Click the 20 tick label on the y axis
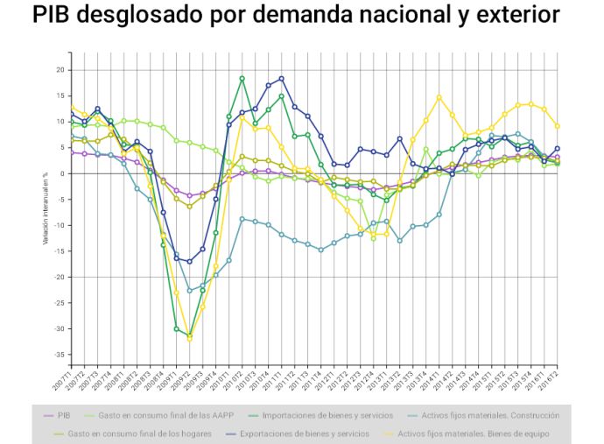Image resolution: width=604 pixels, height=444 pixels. point(60,69)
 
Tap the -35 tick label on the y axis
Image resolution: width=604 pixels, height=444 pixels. point(59,355)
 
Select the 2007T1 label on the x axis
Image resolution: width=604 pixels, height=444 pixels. point(66,377)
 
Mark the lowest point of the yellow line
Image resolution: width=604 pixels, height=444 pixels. point(190,338)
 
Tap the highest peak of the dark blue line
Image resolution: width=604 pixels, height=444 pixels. point(282,78)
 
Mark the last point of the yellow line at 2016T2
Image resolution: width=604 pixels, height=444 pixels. point(558,125)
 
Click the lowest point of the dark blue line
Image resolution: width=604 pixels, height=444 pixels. point(190,262)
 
